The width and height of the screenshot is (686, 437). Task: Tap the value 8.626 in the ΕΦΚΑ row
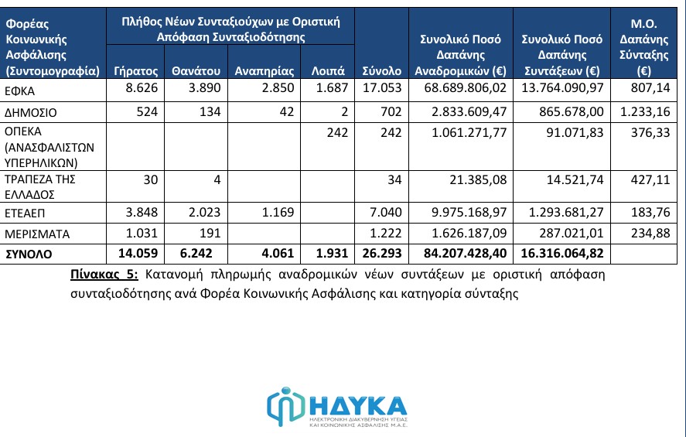tap(141, 91)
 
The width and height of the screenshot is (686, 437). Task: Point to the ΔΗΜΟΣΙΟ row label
tap(32, 113)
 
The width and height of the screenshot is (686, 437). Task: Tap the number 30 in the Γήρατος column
tap(150, 179)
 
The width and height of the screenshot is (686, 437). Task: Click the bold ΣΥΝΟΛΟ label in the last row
tap(32, 254)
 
